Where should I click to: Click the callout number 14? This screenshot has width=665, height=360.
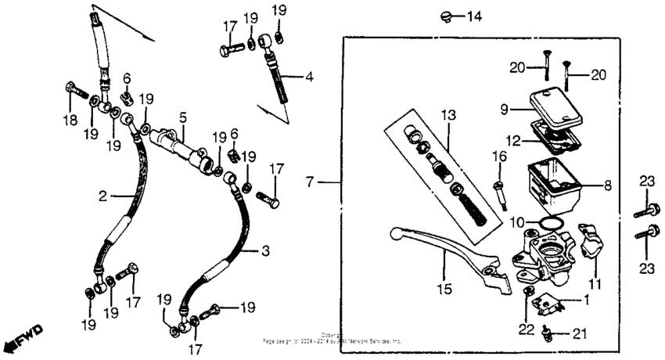[x=476, y=16]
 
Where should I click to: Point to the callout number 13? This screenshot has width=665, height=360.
[x=448, y=116]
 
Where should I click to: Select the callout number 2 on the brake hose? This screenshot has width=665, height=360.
[x=102, y=196]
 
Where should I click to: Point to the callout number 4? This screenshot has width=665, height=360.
[x=310, y=77]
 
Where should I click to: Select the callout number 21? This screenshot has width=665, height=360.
[x=578, y=334]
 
